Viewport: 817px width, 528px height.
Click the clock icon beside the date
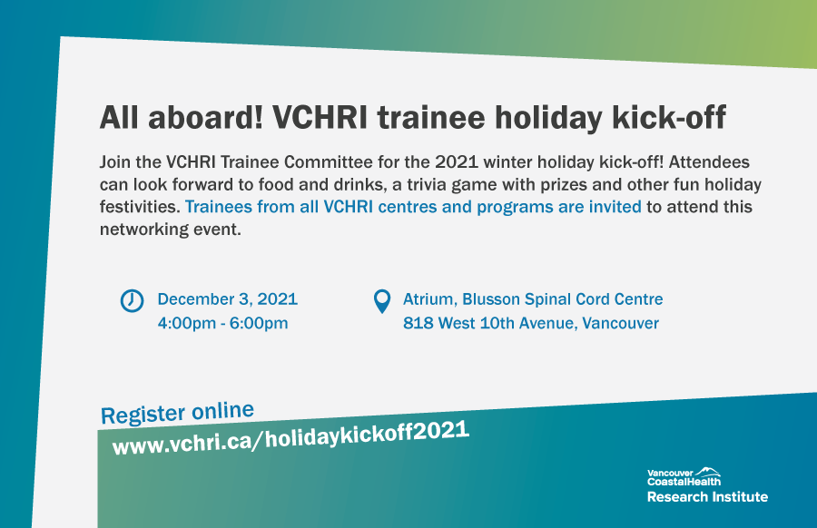tap(132, 301)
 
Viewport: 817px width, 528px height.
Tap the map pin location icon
tap(382, 301)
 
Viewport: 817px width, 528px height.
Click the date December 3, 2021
tap(228, 299)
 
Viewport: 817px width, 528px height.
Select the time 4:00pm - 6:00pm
tap(223, 323)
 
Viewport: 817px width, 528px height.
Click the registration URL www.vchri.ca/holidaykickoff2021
tap(290, 438)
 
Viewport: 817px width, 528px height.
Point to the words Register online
tap(177, 413)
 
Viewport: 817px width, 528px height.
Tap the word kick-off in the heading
tap(668, 117)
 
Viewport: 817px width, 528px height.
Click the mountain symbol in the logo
tap(709, 472)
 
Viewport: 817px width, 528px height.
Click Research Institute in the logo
tap(707, 497)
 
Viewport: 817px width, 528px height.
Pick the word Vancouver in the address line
tap(621, 323)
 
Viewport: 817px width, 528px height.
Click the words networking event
tap(171, 230)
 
